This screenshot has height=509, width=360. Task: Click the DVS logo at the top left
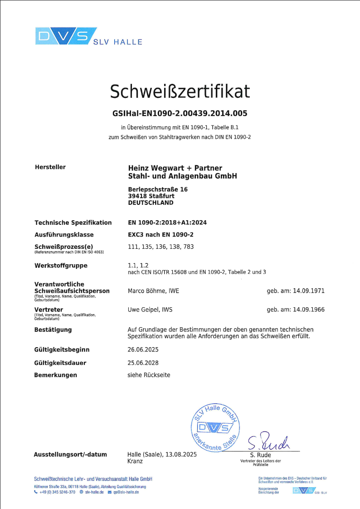[66, 36]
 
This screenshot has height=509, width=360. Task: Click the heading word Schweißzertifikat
[180, 92]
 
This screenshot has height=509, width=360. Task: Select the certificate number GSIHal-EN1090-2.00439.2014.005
[180, 113]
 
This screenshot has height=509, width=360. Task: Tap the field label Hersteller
[50, 167]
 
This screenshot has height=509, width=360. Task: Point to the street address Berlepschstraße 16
[158, 189]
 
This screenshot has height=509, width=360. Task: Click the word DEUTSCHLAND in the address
[151, 203]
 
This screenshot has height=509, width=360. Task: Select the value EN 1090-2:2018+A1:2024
[168, 223]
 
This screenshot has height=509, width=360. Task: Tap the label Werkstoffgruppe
[61, 266]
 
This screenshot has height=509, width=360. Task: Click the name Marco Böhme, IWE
[154, 291]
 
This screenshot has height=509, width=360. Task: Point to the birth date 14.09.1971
[310, 291]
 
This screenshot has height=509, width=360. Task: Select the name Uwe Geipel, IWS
[151, 310]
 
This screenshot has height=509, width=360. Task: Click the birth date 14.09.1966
[310, 310]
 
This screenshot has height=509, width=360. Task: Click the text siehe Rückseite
[149, 375]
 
